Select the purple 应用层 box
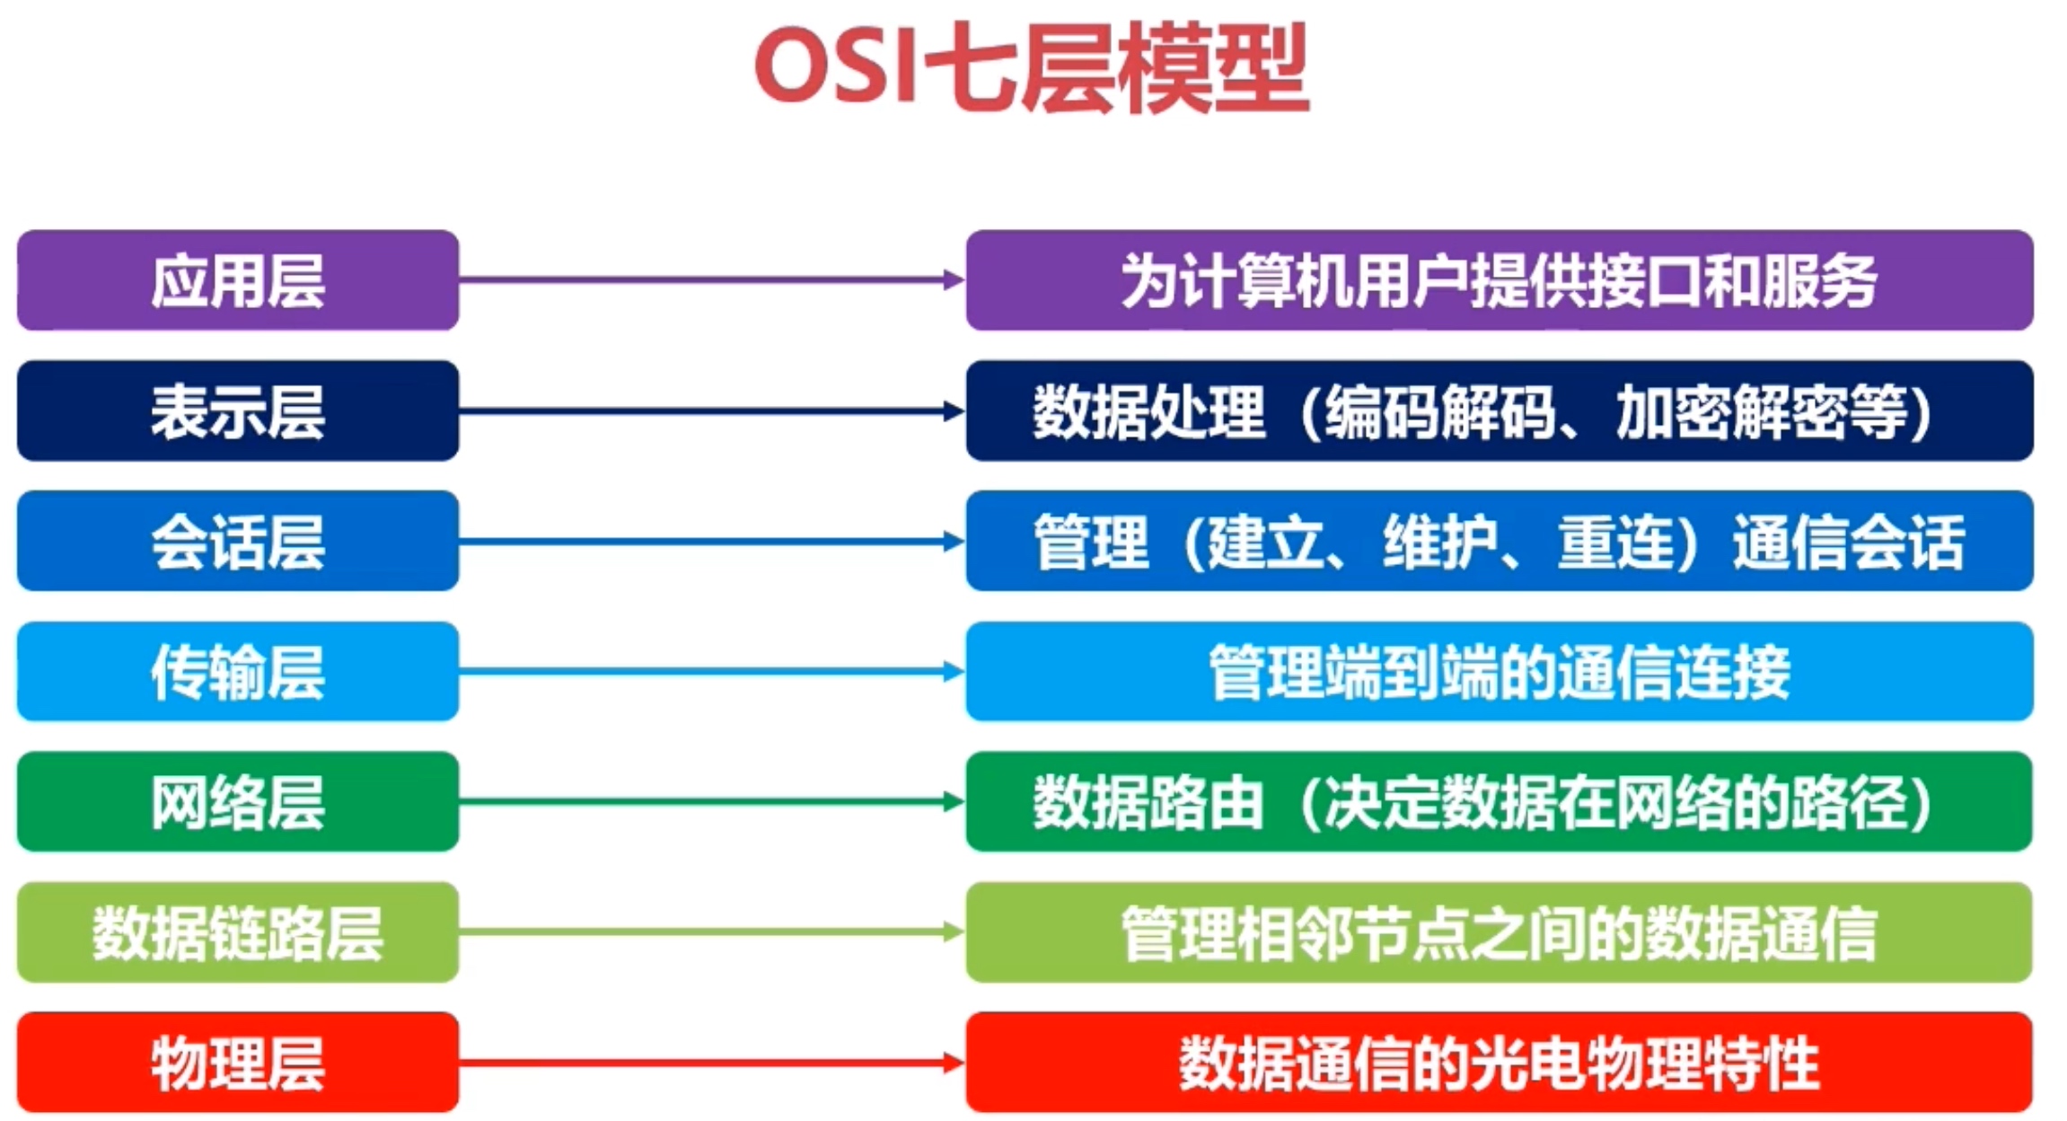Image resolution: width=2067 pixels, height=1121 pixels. coord(238,280)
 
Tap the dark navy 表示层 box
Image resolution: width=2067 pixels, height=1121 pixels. coord(238,410)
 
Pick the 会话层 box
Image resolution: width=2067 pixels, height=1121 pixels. coord(238,541)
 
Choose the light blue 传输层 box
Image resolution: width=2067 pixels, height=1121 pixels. coord(238,671)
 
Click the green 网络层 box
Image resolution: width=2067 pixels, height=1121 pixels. coord(238,801)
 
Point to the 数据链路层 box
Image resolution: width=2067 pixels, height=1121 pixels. coord(238,932)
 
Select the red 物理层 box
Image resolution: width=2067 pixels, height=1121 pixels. coord(238,1063)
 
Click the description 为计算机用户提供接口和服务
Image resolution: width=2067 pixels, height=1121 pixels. coord(1500,280)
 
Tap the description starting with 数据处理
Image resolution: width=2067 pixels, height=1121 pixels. coord(1482,411)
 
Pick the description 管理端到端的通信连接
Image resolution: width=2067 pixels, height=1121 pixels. coord(1500,672)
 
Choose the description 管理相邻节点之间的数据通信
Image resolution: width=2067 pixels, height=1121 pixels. coord(1500,933)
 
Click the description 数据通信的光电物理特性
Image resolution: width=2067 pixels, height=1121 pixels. coord(1500,1064)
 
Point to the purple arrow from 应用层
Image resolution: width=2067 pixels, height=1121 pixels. coord(712,280)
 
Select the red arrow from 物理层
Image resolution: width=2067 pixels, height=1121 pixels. coord(712,1063)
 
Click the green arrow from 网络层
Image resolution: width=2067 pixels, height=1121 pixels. coord(712,801)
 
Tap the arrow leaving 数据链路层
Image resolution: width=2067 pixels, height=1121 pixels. coord(712,932)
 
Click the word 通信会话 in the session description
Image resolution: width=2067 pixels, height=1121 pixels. coord(1849,542)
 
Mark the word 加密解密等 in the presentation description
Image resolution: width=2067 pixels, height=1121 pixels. coord(1761,411)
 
